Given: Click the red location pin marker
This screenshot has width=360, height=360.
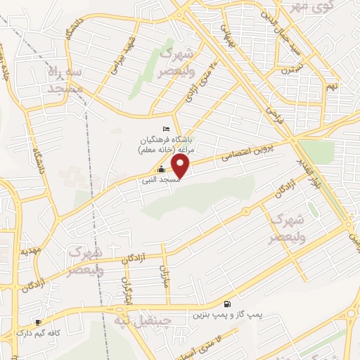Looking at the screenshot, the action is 181,166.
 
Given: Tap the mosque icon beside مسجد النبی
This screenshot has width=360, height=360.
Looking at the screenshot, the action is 162,169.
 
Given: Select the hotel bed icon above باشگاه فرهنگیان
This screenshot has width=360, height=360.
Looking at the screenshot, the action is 166,129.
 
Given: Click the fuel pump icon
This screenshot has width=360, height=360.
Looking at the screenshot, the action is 226,304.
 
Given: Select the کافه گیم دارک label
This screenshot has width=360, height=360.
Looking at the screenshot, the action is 34,332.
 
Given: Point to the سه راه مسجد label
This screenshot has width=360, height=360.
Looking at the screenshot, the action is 65,79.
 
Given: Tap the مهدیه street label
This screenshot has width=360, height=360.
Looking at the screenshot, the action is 28,250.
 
